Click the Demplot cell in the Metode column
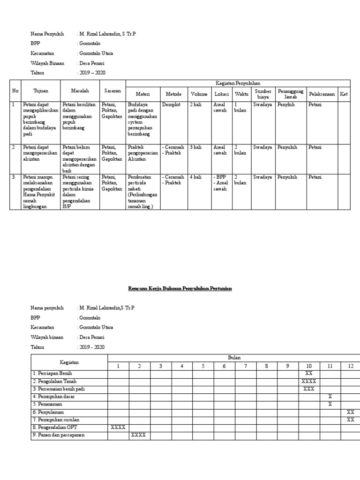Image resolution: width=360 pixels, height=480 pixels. [x=171, y=105]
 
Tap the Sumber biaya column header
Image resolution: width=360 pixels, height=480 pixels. [x=263, y=94]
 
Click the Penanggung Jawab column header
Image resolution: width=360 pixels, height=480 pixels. [x=291, y=94]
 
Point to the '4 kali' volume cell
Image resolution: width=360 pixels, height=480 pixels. [x=196, y=177]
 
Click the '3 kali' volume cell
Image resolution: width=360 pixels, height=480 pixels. [x=196, y=147]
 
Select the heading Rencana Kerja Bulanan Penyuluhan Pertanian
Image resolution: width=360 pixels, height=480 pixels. [x=180, y=289]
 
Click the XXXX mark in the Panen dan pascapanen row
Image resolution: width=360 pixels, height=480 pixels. [x=139, y=435]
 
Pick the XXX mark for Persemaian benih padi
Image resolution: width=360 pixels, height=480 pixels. [x=308, y=389]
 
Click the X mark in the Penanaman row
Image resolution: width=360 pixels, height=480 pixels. [x=330, y=404]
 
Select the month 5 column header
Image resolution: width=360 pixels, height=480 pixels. [x=203, y=366]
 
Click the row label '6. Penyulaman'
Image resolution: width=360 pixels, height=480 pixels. [x=48, y=412]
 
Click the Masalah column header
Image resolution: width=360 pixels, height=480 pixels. [x=80, y=90]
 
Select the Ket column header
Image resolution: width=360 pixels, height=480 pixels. [x=344, y=94]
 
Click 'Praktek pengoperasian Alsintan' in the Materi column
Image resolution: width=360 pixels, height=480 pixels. [x=142, y=153]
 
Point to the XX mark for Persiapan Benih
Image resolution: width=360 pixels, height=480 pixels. [x=308, y=374]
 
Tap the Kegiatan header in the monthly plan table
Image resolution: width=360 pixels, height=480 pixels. [x=69, y=362]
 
